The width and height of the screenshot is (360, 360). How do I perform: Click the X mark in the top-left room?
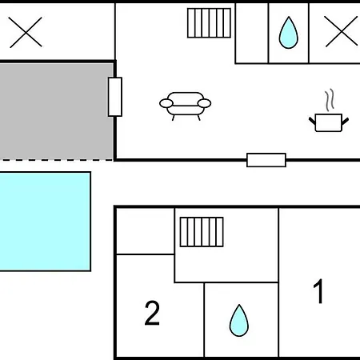[26, 32]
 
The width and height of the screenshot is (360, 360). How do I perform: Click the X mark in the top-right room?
[341, 31]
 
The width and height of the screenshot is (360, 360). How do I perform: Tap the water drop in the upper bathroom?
[288, 33]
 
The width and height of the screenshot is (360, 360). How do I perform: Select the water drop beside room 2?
[239, 320]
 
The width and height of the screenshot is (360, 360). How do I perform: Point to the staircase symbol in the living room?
[209, 23]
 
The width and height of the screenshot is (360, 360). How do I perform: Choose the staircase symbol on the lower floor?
[202, 232]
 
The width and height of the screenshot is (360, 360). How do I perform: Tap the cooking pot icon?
[329, 122]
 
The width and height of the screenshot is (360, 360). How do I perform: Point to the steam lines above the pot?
[330, 100]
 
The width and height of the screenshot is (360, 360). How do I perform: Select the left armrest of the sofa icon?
[166, 103]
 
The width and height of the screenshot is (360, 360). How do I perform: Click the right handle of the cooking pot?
[345, 122]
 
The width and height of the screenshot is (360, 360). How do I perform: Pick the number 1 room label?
[318, 291]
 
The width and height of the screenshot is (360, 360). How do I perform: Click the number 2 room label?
[152, 313]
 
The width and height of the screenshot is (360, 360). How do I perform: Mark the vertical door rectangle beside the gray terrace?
[115, 97]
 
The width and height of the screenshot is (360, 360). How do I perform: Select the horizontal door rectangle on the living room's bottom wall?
[266, 160]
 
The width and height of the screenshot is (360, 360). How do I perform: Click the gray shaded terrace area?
[57, 111]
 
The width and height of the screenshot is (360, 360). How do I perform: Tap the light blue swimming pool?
[45, 222]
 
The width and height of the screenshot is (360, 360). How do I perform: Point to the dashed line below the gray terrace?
[57, 160]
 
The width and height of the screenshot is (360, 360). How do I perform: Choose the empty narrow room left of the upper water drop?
[252, 34]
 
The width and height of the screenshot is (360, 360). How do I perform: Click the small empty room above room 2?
[146, 231]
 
